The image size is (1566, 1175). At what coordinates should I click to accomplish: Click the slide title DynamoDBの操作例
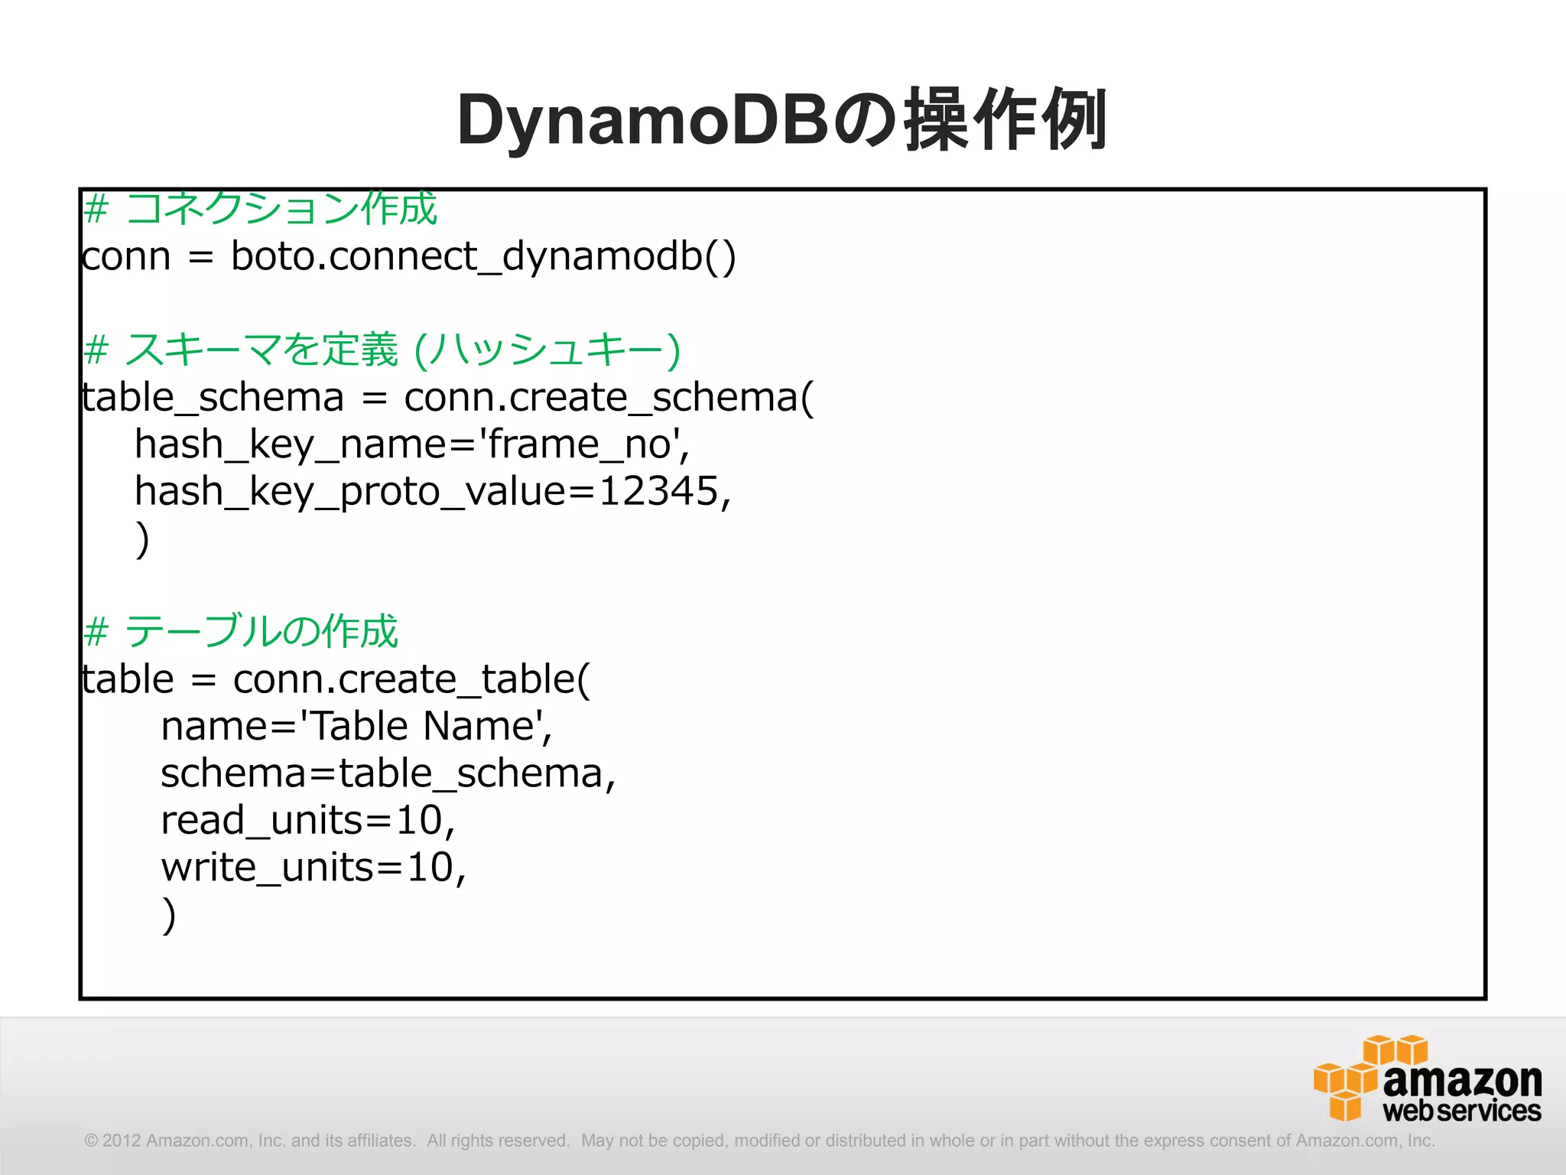[x=781, y=121]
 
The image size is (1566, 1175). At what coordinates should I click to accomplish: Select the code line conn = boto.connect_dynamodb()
[x=408, y=256]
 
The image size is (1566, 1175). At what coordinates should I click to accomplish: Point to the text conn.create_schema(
[x=609, y=398]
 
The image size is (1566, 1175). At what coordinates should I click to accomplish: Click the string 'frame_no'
[x=583, y=444]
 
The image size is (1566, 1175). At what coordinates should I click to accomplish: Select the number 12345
[x=658, y=491]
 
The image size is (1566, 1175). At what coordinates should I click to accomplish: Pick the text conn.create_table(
[x=411, y=679]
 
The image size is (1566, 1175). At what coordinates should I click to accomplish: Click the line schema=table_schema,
[x=388, y=773]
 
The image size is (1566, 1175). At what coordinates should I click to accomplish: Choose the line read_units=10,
[x=307, y=821]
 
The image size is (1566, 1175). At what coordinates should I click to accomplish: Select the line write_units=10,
[x=314, y=867]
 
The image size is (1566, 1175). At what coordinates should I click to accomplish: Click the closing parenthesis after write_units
[x=169, y=915]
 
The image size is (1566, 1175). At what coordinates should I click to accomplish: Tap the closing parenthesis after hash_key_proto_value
[x=142, y=539]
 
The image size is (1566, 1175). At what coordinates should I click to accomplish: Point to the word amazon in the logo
[x=1462, y=1079]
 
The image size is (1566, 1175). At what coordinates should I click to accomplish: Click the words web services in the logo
[x=1461, y=1111]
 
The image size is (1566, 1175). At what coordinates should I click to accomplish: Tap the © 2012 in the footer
[x=113, y=1141]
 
